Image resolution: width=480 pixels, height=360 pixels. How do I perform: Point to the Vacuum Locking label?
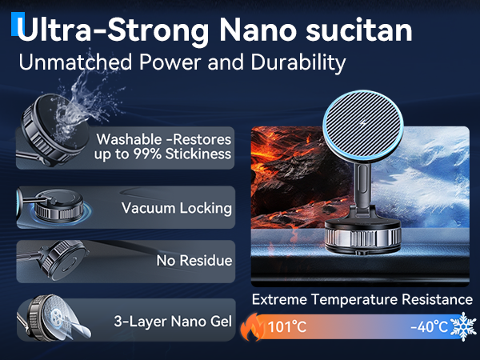click(x=177, y=208)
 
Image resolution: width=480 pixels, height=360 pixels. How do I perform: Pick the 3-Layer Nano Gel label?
click(x=173, y=322)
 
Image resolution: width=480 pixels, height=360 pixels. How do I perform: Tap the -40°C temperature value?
click(x=428, y=327)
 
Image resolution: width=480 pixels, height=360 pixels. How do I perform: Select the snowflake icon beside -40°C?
click(x=463, y=326)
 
